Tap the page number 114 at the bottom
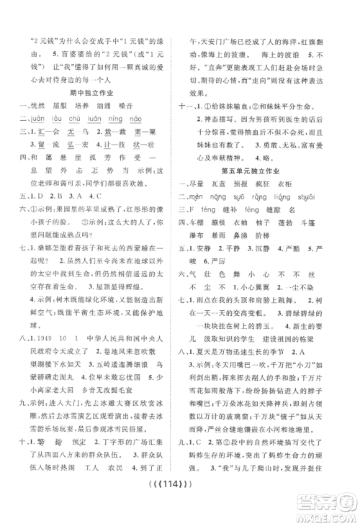pyautogui.click(x=180, y=512)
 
